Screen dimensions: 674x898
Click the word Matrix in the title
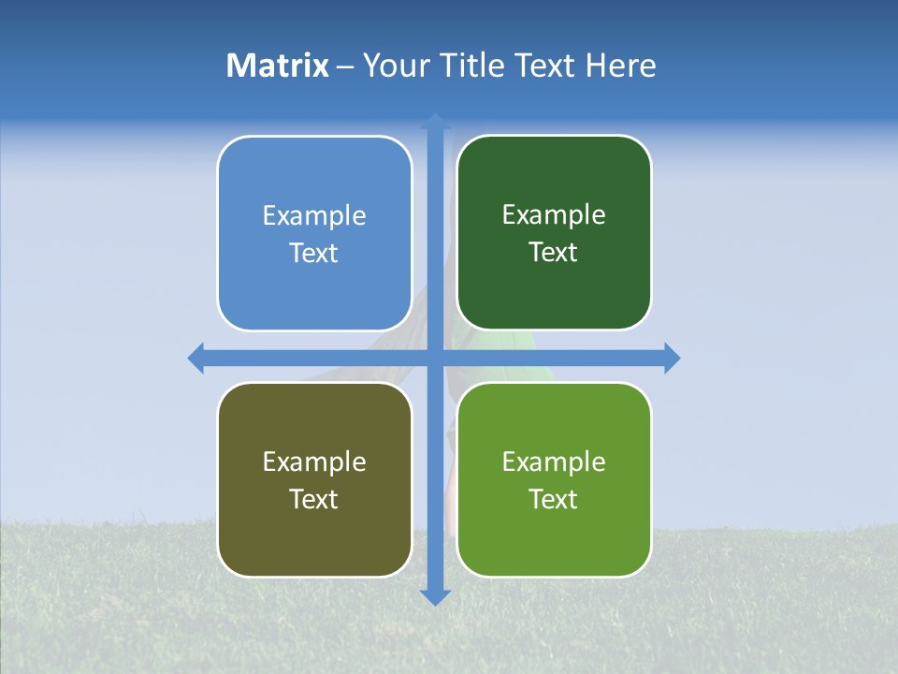[278, 66]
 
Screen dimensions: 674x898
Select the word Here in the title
[621, 66]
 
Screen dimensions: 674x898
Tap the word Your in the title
[391, 66]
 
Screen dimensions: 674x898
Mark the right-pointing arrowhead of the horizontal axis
[671, 358]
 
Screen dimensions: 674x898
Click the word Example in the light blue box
[314, 216]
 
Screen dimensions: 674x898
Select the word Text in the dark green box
[554, 253]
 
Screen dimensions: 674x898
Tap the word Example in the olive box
[314, 462]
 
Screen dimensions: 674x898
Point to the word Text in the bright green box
[554, 499]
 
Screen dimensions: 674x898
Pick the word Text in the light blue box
[314, 254]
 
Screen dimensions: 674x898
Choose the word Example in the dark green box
[554, 215]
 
